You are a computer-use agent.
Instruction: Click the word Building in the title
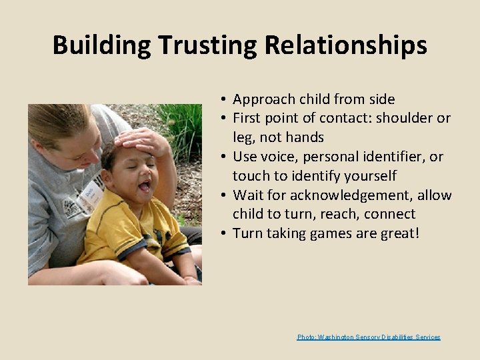click(102, 45)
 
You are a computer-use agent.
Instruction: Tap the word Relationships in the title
click(346, 45)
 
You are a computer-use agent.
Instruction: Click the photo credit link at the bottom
click(369, 337)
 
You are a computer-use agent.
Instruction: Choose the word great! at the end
click(399, 233)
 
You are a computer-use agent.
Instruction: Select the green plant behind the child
click(183, 123)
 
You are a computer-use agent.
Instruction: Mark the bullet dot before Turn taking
click(225, 233)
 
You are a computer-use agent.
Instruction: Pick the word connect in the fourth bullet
click(388, 214)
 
